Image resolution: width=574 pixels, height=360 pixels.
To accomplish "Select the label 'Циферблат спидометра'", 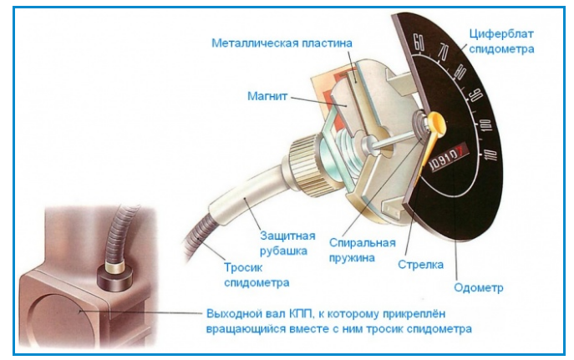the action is pos(500,40).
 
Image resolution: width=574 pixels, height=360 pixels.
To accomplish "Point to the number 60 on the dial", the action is pos(419,41).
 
